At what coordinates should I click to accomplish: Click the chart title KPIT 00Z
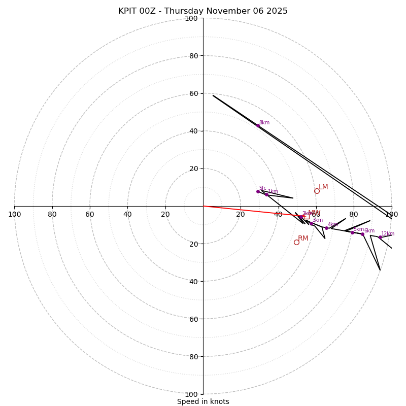[203, 11]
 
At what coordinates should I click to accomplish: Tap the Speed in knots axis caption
[203, 401]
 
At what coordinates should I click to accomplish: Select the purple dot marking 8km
[258, 125]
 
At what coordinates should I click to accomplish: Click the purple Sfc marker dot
[258, 191]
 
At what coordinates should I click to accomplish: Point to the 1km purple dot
[266, 194]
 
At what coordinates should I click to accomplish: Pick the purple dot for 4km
[326, 228]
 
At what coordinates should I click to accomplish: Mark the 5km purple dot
[352, 232]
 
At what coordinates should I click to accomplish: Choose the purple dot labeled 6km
[362, 234]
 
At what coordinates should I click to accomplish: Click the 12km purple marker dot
[380, 237]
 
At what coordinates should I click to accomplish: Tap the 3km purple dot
[312, 223]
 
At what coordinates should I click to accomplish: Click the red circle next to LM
[317, 191]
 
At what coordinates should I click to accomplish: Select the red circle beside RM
[296, 242]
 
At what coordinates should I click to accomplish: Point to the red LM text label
[323, 187]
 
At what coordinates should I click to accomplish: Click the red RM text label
[303, 239]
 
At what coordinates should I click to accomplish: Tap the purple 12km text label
[388, 234]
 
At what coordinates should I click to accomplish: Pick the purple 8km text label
[264, 123]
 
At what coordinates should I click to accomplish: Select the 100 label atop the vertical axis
[191, 18]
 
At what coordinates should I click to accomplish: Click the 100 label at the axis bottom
[191, 394]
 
